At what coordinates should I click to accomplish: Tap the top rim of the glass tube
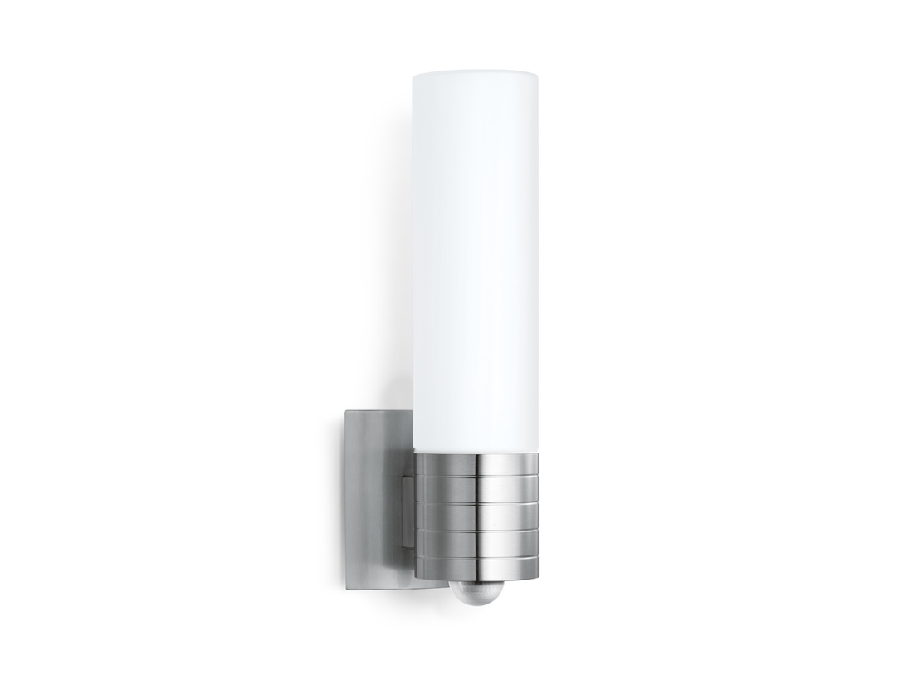click(x=476, y=71)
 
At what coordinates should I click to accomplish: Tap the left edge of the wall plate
click(x=345, y=498)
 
